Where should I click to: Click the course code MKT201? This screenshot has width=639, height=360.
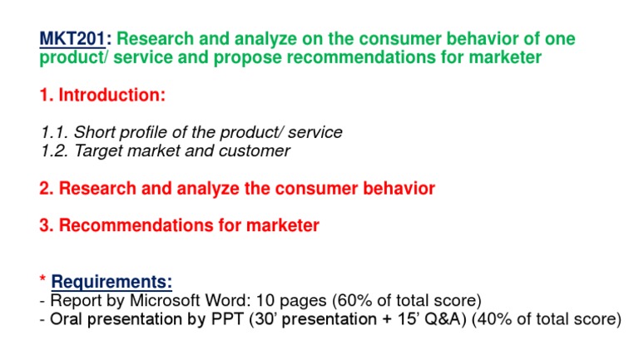74,39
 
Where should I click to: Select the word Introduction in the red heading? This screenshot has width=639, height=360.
110,96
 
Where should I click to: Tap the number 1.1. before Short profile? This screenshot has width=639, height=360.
55,133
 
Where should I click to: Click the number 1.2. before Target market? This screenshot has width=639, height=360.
55,151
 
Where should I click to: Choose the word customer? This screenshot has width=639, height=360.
250,151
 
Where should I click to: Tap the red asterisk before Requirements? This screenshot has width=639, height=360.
42,281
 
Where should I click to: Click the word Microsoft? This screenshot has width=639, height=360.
153,300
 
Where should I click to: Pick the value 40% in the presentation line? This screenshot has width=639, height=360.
496,319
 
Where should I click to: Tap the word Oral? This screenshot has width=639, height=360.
67,319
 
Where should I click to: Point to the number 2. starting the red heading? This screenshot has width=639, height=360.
47,189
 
